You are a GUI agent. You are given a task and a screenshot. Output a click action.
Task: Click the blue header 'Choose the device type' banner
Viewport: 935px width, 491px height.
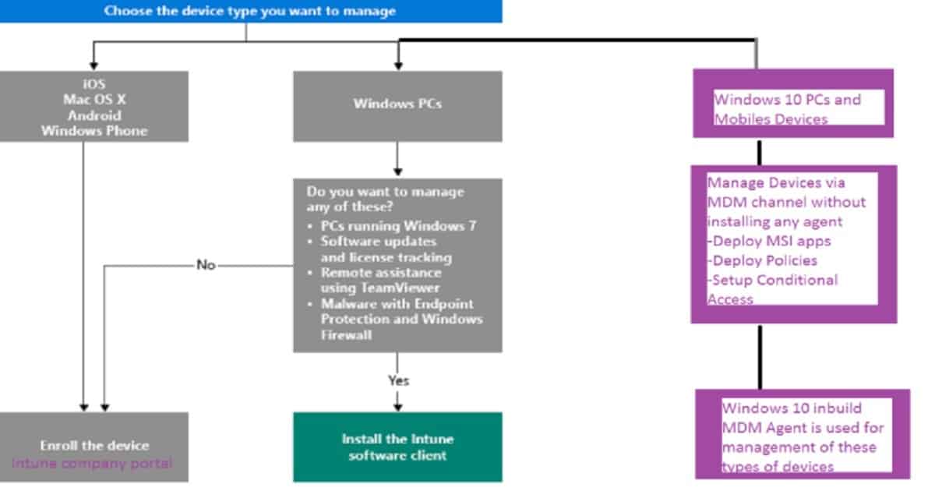click(x=250, y=11)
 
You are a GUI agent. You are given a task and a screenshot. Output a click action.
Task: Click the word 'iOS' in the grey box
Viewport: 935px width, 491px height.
click(x=94, y=84)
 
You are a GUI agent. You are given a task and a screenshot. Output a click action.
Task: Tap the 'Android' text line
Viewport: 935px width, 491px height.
click(x=94, y=115)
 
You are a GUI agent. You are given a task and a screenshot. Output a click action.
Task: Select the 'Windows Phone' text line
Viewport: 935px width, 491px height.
click(x=94, y=131)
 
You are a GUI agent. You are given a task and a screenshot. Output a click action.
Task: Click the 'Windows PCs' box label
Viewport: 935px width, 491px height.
click(x=397, y=104)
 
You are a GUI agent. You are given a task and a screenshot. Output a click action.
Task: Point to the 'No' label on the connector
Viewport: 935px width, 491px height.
click(x=206, y=265)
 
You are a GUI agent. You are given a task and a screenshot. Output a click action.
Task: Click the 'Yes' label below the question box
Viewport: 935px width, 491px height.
click(x=399, y=381)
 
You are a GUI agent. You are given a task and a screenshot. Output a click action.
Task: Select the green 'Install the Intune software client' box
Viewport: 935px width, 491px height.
click(x=398, y=447)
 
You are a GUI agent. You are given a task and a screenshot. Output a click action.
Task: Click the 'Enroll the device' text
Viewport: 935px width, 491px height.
click(x=94, y=446)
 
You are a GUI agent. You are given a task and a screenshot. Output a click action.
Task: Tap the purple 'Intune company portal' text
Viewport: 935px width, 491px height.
click(x=92, y=464)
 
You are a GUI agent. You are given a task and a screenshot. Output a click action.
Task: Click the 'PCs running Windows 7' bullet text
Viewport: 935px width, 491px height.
click(x=398, y=226)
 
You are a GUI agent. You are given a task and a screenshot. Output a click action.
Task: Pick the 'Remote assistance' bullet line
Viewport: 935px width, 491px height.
click(x=381, y=273)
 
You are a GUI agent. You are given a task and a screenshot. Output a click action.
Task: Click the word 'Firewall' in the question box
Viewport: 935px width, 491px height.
click(x=346, y=335)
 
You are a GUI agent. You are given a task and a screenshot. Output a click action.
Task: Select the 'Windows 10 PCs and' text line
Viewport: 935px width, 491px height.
click(x=787, y=100)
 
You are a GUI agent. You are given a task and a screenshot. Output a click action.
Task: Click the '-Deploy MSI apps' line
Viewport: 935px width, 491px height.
click(x=769, y=241)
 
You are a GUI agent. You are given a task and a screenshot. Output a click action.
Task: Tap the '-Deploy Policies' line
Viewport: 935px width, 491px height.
click(x=762, y=260)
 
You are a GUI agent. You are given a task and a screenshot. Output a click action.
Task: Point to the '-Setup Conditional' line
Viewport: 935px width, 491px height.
click(x=772, y=280)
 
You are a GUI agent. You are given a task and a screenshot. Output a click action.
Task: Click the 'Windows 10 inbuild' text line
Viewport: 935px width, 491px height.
click(x=792, y=408)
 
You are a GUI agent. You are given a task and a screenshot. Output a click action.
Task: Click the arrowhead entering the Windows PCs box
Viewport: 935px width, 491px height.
click(x=398, y=66)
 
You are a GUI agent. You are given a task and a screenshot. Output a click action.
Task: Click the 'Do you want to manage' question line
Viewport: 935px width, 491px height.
click(x=385, y=192)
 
